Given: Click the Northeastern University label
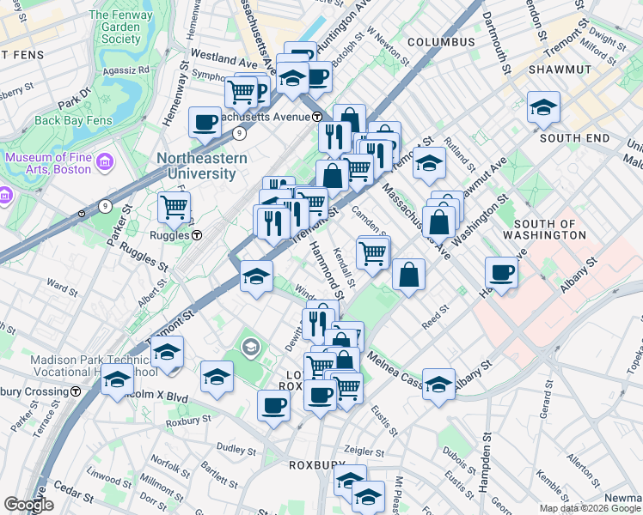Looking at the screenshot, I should point(201,166).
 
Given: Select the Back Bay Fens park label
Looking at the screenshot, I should point(73,120).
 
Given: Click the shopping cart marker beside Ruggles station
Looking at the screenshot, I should point(174,207).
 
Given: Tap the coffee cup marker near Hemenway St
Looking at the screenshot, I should point(205,123).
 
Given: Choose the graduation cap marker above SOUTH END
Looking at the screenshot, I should point(543,106).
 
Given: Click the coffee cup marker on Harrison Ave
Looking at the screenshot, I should point(501,272).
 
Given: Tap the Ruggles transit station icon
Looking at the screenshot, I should point(197,235).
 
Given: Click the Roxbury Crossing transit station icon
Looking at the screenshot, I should point(76,391).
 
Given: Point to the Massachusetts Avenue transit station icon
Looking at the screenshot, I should point(317,116).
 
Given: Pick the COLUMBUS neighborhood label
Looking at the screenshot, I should point(441,42).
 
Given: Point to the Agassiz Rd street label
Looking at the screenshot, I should point(132,70).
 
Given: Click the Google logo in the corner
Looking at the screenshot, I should point(28,505).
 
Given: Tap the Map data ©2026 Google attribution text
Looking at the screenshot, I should point(590,508).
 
